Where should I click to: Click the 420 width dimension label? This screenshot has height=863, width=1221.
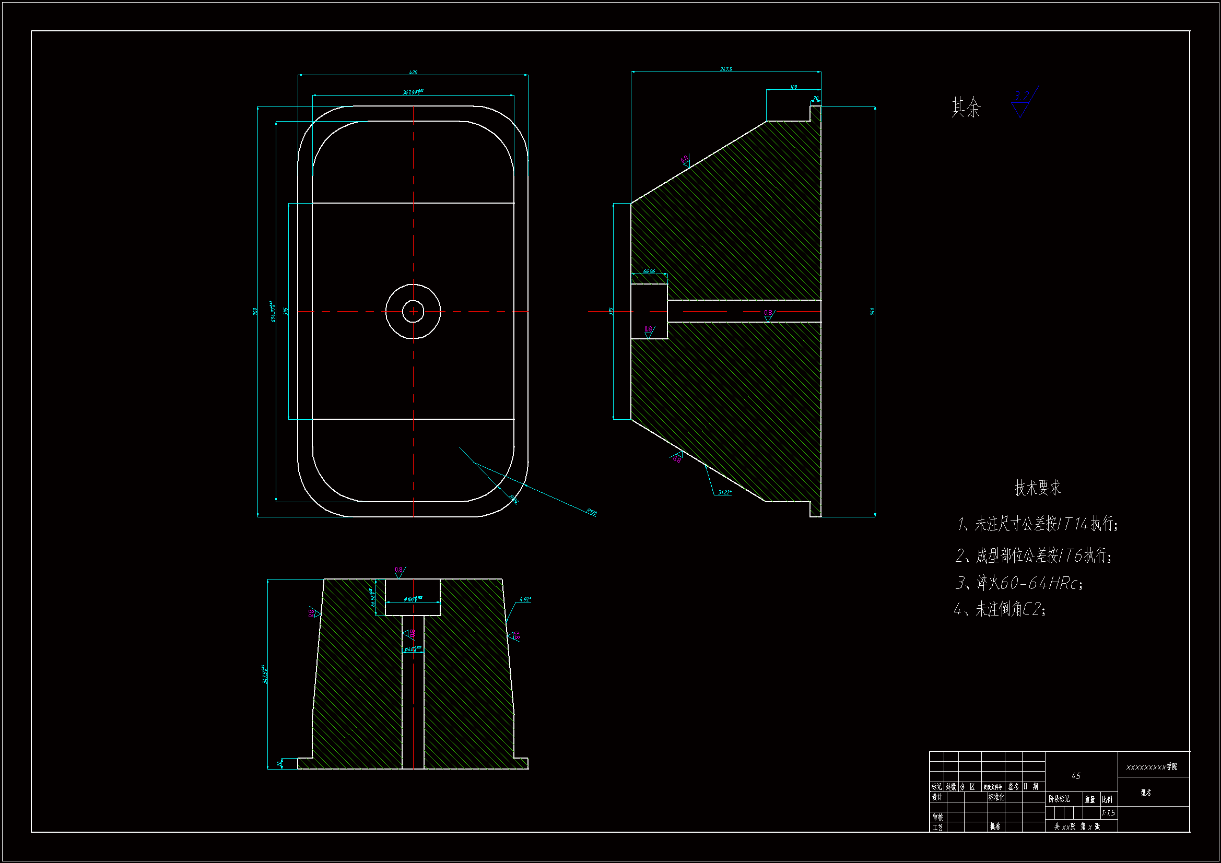(413, 73)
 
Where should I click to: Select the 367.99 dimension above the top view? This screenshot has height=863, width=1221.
(413, 92)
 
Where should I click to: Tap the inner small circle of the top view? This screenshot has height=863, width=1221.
(413, 312)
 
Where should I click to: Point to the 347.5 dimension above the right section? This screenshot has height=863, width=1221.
(726, 69)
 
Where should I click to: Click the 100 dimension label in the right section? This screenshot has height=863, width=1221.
(793, 87)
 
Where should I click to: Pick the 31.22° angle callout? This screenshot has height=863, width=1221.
(724, 492)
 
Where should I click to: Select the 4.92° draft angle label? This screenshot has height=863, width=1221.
(525, 600)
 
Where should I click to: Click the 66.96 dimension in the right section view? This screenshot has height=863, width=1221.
(649, 271)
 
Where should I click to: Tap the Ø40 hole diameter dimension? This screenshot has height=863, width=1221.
(413, 649)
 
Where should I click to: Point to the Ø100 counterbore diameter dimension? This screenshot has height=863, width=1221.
(413, 599)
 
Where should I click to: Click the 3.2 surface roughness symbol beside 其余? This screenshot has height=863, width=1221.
(1022, 101)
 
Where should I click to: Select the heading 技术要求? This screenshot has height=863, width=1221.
(1038, 488)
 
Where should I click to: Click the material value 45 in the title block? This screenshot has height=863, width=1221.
(1076, 776)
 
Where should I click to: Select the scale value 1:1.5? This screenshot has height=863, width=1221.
(1108, 812)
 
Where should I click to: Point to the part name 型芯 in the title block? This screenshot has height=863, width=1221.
(1145, 793)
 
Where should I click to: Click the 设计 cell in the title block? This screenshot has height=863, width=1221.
(937, 797)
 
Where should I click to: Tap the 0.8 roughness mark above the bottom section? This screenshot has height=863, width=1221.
(399, 571)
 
